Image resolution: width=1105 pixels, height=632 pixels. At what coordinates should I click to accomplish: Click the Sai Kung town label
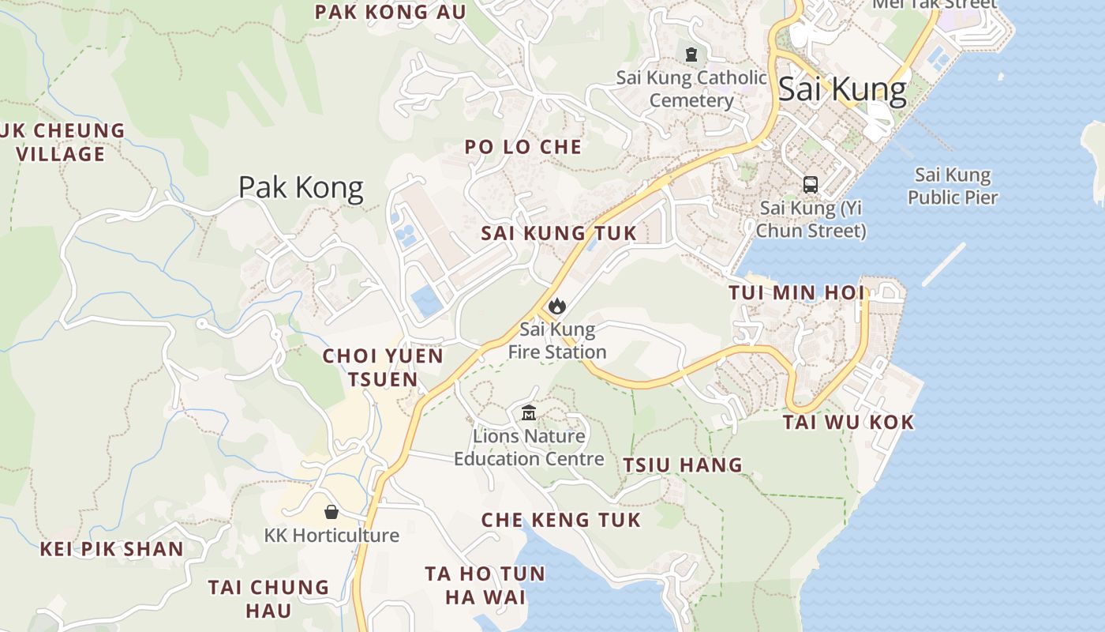[842, 89]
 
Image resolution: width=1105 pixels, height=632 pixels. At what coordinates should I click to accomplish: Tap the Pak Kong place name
[301, 187]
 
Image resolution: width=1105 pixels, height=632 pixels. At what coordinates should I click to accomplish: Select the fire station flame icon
[556, 306]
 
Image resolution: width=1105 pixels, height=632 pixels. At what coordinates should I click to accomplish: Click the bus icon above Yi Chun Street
[811, 185]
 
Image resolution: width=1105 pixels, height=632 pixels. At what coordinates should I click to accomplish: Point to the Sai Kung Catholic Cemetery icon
[691, 55]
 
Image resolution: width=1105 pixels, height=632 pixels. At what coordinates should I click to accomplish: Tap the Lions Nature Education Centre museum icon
[529, 412]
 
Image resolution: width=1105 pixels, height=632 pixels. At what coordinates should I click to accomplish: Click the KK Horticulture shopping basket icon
[331, 512]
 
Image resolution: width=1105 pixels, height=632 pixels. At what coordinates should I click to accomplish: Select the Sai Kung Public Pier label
[953, 186]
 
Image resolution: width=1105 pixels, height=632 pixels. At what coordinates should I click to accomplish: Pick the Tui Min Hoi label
[796, 292]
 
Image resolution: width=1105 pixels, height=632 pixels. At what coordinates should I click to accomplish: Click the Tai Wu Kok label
[848, 422]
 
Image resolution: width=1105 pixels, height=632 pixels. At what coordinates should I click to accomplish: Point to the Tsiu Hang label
[683, 465]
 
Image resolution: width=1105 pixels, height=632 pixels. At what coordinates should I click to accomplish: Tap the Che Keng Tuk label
[560, 519]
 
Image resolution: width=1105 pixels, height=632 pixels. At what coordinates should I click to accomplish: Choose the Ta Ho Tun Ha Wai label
[485, 585]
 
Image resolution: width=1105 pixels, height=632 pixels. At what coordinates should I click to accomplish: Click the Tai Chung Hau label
[268, 598]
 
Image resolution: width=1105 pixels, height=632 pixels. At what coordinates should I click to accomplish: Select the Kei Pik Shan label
[111, 548]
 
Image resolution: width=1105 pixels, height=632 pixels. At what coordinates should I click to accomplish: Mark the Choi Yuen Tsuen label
[383, 367]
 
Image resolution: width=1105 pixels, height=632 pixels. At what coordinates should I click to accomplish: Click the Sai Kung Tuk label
[558, 233]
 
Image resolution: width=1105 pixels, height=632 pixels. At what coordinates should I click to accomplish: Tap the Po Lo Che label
[523, 147]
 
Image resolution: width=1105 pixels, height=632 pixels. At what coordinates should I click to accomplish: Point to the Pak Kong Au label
[390, 12]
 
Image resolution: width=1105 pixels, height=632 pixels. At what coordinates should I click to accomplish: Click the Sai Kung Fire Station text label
[556, 340]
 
